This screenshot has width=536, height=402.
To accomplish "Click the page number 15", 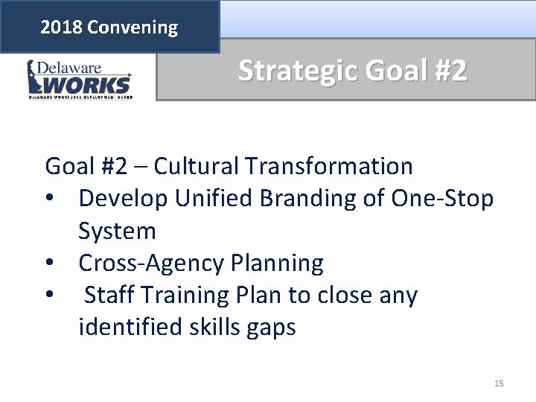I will click(499, 383).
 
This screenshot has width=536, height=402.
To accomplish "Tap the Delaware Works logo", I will click(80, 80).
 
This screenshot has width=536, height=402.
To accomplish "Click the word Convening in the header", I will click(132, 28).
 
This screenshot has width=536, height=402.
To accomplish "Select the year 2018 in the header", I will click(62, 28).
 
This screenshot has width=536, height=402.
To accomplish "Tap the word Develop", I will click(123, 198).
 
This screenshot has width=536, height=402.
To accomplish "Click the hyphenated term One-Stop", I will click(440, 198).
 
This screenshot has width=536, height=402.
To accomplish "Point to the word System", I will click(117, 232).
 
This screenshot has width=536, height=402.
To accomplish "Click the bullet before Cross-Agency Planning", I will click(50, 264).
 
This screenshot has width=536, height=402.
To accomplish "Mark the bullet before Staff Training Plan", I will click(50, 296).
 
